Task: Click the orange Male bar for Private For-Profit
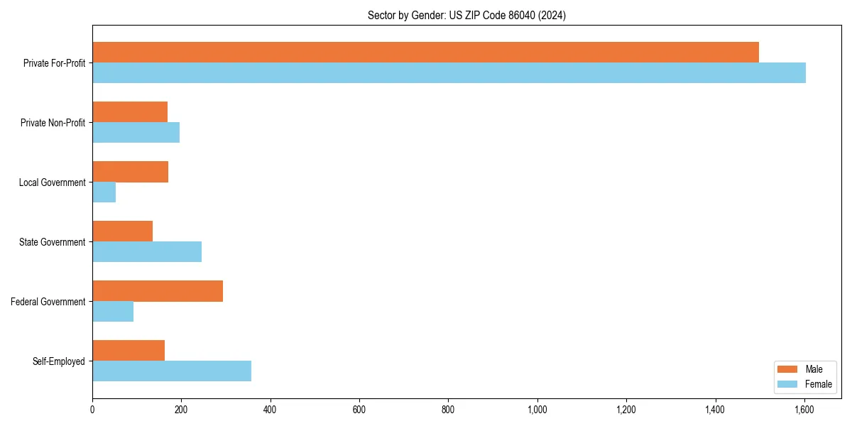click(426, 53)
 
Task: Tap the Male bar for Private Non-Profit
click(130, 112)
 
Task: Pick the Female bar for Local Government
click(104, 192)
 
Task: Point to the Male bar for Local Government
click(131, 172)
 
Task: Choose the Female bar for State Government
click(147, 252)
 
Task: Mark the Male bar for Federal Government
click(158, 291)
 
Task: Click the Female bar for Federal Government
click(113, 312)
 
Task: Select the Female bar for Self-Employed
click(172, 371)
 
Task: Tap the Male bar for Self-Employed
click(129, 351)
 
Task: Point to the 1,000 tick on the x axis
click(537, 410)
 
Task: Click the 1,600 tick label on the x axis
click(804, 410)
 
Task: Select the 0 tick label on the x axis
click(92, 410)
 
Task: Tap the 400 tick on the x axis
click(271, 410)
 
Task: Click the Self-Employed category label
click(59, 361)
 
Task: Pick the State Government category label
click(53, 242)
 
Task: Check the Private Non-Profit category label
click(53, 123)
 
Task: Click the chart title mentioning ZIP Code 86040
click(466, 15)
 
